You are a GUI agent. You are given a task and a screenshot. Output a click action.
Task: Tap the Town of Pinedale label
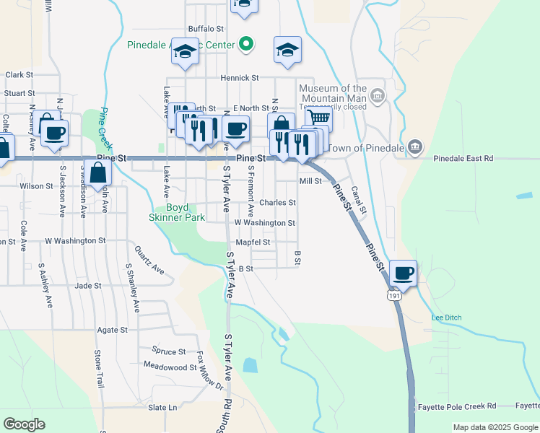coord(367,148)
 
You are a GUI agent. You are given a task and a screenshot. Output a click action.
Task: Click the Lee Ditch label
coord(446,318)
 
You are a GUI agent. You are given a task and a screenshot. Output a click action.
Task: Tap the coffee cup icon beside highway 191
coord(404,274)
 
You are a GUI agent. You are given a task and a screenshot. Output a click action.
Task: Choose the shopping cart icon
coord(318,118)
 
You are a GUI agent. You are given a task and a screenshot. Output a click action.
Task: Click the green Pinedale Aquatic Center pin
coord(245,45)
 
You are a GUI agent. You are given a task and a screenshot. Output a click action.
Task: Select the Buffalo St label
coord(206,29)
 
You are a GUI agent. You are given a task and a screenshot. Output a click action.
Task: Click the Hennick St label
coord(240,77)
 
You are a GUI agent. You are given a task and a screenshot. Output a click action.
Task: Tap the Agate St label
coord(112,330)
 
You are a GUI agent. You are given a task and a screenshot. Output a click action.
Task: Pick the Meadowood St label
coord(170,367)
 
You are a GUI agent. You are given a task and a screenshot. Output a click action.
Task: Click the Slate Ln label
coord(162,408)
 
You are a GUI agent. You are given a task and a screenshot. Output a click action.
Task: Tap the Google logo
coord(24,424)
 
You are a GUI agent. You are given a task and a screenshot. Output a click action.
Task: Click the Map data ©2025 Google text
coord(495,427)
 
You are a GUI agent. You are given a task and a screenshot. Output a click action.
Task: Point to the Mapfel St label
coord(253,242)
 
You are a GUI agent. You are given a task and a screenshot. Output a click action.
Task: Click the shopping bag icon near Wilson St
coord(99,173)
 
